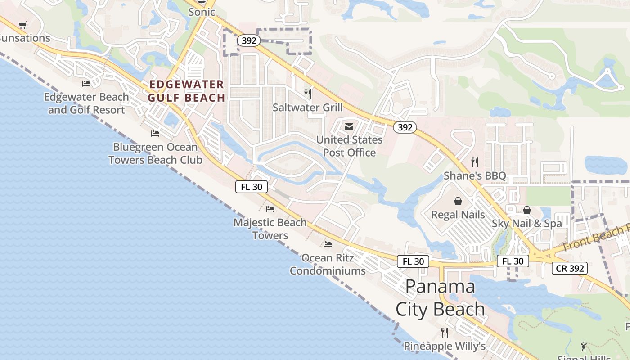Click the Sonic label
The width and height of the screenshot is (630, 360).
click(x=202, y=12)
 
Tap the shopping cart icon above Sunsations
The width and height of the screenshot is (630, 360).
click(x=23, y=25)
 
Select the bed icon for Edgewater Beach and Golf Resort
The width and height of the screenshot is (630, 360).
click(x=86, y=83)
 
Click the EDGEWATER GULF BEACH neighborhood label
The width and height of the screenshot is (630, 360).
click(x=187, y=91)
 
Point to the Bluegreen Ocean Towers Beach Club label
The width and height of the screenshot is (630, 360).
click(x=155, y=153)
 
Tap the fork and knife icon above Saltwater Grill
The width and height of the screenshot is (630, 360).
click(x=308, y=94)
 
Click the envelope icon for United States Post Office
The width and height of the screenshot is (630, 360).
click(x=349, y=127)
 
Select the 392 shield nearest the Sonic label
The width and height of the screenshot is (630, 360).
click(x=249, y=41)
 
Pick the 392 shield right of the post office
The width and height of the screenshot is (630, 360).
click(x=405, y=127)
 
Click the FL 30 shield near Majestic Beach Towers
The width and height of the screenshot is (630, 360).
click(x=252, y=187)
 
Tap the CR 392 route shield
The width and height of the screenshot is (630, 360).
click(x=570, y=268)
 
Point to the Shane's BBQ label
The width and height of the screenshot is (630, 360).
click(x=475, y=175)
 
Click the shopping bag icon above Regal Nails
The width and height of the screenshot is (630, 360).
click(x=458, y=201)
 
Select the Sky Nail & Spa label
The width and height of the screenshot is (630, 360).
click(x=526, y=223)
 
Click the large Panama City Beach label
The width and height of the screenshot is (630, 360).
click(x=440, y=297)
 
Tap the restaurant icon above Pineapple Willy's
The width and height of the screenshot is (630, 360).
click(x=445, y=332)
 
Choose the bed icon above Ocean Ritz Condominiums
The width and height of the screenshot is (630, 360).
click(x=328, y=244)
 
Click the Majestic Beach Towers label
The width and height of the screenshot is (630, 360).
click(x=270, y=229)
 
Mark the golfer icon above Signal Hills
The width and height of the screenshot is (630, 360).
click(x=584, y=346)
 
